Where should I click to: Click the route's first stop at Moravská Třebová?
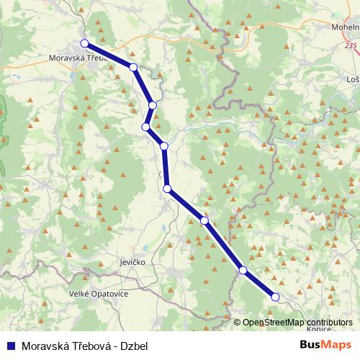[x=85, y=43]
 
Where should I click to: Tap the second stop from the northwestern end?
[x=133, y=68]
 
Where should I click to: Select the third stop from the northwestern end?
[x=153, y=106]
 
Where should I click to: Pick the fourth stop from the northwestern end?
[x=146, y=127]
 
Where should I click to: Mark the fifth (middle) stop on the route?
[x=164, y=146]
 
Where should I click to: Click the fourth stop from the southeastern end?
[x=168, y=189]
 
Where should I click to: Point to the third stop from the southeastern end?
[x=205, y=220]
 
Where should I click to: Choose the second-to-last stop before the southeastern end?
[x=243, y=270]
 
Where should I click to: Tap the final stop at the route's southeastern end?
[x=275, y=297]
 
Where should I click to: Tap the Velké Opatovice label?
[x=99, y=294]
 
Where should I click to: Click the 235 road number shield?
[x=351, y=45]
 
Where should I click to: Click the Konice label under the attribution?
[x=318, y=329]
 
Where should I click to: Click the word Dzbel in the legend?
[x=134, y=346]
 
